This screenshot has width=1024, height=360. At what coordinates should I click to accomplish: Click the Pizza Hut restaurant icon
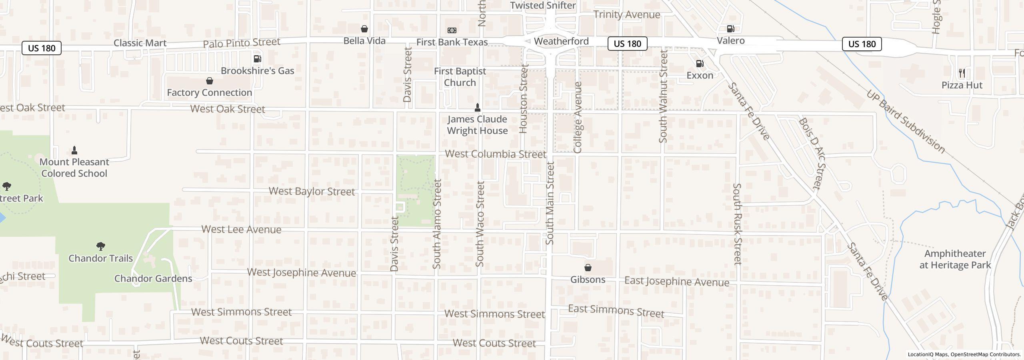point(962,73)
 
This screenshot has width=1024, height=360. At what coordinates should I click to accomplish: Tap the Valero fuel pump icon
point(730,29)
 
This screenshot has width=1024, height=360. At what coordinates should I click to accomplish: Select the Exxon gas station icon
point(700,64)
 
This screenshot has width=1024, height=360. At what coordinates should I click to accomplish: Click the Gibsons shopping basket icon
point(588,268)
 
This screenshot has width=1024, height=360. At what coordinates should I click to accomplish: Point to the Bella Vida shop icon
point(364,29)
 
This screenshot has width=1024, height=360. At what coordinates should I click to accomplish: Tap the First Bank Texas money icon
point(452,30)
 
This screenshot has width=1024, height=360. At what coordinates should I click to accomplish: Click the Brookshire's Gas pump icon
point(258,59)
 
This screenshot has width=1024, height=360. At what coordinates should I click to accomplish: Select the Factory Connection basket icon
point(209,81)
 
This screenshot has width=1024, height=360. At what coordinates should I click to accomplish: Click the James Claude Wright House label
point(477,125)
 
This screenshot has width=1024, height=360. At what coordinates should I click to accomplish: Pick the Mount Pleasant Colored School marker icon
point(74,150)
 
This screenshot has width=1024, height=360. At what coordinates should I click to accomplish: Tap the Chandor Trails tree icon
point(101,246)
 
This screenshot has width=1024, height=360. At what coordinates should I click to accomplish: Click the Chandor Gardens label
point(153,278)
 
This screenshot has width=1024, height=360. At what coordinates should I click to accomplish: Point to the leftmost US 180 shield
point(42,48)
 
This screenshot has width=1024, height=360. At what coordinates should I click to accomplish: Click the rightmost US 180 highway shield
point(862,44)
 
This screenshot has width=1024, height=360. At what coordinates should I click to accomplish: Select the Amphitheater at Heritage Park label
point(955,259)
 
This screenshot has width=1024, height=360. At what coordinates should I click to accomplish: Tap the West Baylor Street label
point(312,191)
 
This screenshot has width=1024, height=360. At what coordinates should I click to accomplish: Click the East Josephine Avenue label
point(676,282)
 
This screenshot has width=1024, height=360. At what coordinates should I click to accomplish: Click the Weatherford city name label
point(561,41)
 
